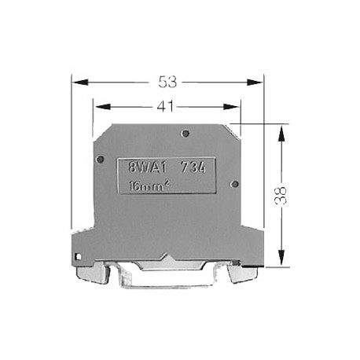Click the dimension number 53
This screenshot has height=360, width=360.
point(167,81)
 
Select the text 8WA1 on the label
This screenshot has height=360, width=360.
point(144,167)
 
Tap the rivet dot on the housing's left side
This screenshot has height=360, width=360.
point(100,160)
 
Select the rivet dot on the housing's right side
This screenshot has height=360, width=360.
point(234,183)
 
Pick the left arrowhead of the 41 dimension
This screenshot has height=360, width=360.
point(98,104)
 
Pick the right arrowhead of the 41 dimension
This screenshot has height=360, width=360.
point(236,104)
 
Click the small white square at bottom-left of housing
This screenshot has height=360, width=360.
point(77,256)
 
